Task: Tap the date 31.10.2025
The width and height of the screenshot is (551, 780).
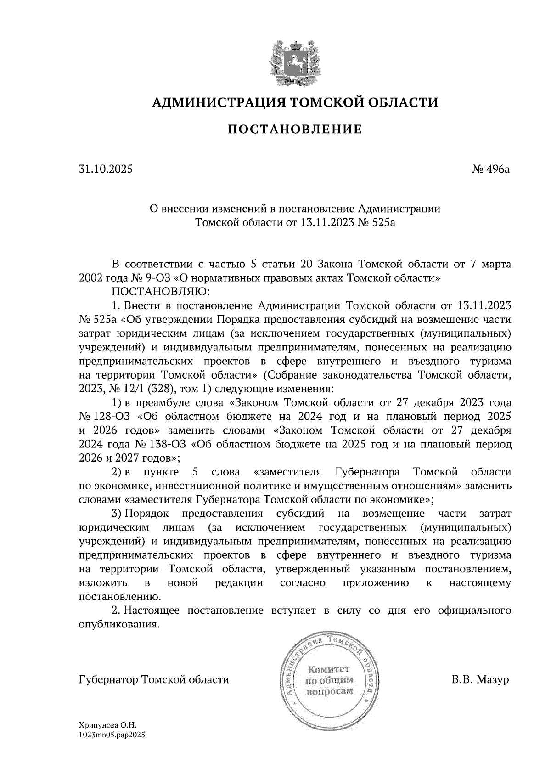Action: coord(106,170)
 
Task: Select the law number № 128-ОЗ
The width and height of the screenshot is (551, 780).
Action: coord(106,417)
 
